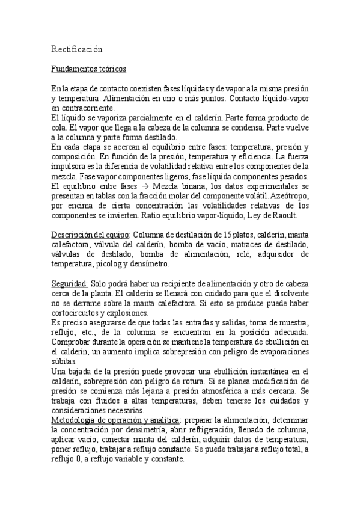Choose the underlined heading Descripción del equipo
click(90, 235)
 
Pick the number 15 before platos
click(220, 235)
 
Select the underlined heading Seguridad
click(70, 283)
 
